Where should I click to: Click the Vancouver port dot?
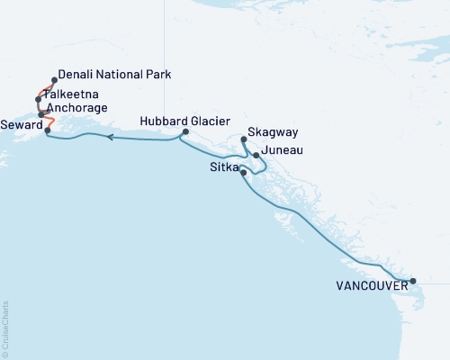coord(413,282)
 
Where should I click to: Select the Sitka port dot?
coord(244,171)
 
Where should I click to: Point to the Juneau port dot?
coord(256,156)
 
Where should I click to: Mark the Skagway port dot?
coord(244,139)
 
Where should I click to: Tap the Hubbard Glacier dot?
coord(184,132)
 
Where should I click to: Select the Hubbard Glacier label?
coord(185,121)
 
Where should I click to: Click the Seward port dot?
coord(48,130)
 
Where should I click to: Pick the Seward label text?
coord(20,123)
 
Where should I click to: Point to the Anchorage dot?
coord(41,114)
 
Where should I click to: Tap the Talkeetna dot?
coord(38,99)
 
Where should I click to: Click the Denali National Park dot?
coord(55,79)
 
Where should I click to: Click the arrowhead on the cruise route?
coord(111,138)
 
